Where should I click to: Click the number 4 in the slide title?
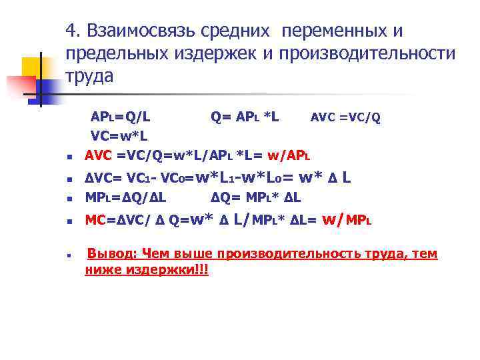pos(71,31)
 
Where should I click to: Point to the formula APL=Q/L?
pos(120,117)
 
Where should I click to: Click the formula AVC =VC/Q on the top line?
pos(345,118)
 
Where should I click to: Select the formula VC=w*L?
pos(119,136)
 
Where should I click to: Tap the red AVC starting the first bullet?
pos(99,156)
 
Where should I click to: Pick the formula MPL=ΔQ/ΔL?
pos(125,198)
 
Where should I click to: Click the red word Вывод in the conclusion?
pos(111,254)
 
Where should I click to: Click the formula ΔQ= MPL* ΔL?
pos(256,198)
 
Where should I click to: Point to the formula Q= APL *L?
pos(245,117)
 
